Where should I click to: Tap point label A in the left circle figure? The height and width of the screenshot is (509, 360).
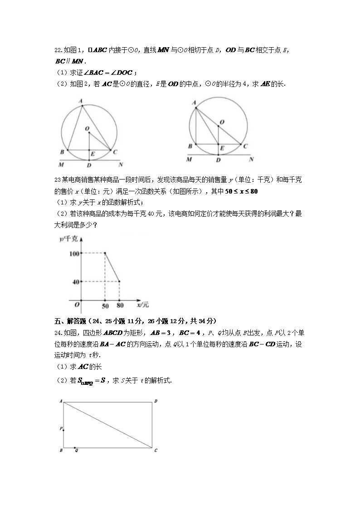coord(80,102)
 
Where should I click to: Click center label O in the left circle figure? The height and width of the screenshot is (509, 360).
coord(87,129)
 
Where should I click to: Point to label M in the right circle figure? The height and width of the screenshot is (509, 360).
coord(189,160)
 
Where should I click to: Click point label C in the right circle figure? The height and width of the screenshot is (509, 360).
coord(245,146)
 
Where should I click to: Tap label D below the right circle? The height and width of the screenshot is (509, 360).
coord(218,160)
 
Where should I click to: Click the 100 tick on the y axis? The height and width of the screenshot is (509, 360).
coord(74,253)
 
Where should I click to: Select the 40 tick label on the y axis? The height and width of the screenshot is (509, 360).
coord(76,281)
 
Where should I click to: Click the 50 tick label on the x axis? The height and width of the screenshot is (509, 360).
coord(105,306)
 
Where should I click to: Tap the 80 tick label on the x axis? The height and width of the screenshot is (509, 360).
coord(120,306)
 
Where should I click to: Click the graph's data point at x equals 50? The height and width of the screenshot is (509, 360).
coord(105,253)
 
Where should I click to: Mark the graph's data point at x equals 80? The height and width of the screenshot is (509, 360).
coord(120,281)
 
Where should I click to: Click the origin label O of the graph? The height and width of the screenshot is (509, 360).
coord(77,305)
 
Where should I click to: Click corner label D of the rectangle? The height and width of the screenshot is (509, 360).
coord(156,401)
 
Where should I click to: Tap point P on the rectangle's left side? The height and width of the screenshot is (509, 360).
coord(61,428)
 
